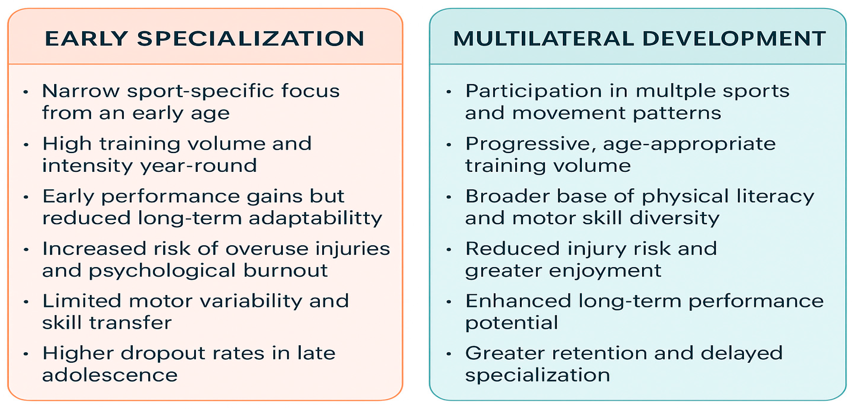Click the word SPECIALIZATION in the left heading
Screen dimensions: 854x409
pos(251,39)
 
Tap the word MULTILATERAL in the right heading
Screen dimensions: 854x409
pos(543,39)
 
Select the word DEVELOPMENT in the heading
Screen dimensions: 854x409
pos(734,39)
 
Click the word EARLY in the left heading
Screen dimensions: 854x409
pos(86,39)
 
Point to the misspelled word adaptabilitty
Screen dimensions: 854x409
pos(315,219)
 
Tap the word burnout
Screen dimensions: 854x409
pos(285,271)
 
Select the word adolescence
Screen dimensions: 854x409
pos(110,375)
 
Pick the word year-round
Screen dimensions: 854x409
pos(199,166)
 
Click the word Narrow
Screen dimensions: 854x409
pos(80,91)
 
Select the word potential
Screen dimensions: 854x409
pos(511,323)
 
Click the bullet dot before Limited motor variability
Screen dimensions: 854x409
pos(26,302)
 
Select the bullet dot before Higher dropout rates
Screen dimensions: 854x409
pos(26,354)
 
